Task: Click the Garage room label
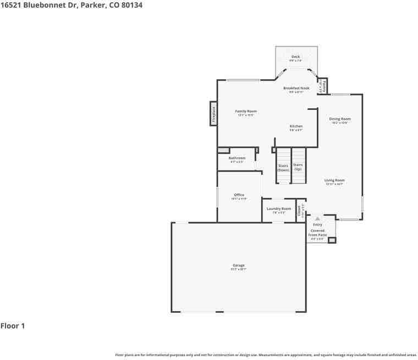tap(238, 265)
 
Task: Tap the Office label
tap(239, 195)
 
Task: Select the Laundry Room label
tap(279, 209)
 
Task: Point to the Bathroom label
tap(237, 158)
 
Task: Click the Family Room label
tap(246, 111)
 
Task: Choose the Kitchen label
tap(296, 126)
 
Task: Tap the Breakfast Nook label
tap(296, 88)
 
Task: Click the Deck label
tap(296, 57)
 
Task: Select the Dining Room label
tap(340, 119)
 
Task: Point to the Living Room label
tap(334, 180)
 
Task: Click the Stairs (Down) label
tap(283, 168)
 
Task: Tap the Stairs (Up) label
tap(298, 167)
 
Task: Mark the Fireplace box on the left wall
tap(213, 114)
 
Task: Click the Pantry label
tap(324, 86)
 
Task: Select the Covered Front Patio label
tap(318, 232)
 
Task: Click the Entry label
tap(317, 224)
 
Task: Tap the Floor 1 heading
tap(13, 326)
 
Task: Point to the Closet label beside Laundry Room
tap(300, 211)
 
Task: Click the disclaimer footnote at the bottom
tap(266, 355)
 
